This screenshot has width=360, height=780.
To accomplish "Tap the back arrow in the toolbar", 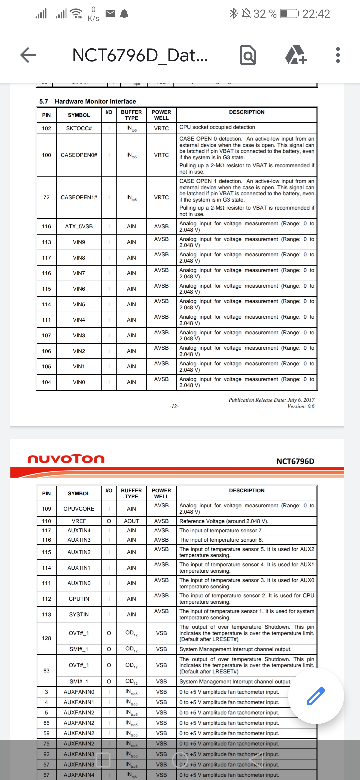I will (28, 55).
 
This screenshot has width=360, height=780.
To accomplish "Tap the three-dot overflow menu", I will (338, 55).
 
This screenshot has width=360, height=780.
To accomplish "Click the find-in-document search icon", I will (248, 55).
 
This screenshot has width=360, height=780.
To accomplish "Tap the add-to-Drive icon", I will (296, 55).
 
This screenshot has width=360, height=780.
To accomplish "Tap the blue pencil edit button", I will (315, 696).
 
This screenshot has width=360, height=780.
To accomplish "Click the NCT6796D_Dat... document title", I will (140, 55).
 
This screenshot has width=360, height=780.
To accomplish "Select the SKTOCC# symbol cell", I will (79, 128).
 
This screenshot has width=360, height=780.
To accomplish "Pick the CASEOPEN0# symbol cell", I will (79, 155).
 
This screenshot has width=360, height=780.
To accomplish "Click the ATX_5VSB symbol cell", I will (79, 226).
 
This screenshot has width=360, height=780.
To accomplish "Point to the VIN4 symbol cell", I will (79, 320).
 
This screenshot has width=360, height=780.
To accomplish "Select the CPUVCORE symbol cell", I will (79, 509).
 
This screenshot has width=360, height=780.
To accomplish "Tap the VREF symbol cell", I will (79, 521).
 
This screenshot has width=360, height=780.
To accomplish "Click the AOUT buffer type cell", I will (131, 521).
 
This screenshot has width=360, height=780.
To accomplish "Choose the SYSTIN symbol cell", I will (79, 614).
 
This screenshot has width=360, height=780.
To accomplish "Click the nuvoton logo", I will (66, 459).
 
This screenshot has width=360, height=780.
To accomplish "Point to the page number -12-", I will (174, 406).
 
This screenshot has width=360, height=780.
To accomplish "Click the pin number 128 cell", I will (46, 638).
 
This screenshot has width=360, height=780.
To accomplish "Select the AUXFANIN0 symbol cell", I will (79, 692).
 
